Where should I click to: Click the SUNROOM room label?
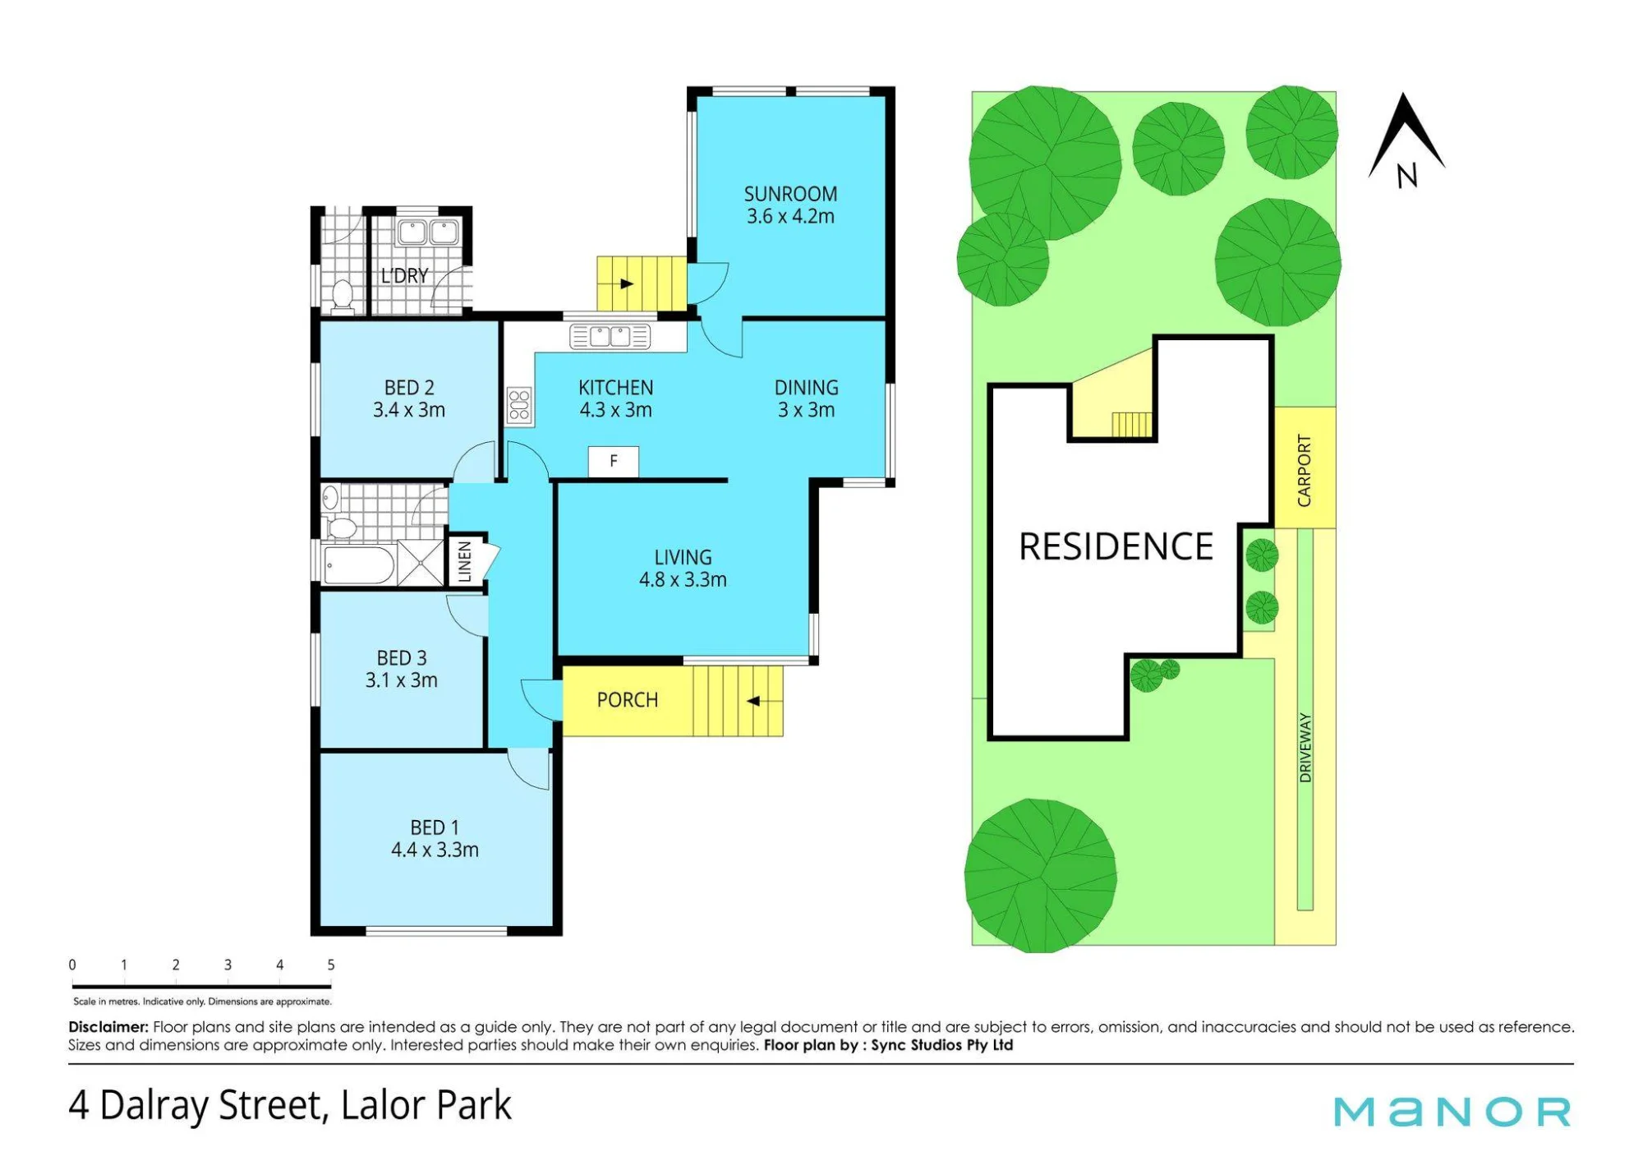click(x=790, y=194)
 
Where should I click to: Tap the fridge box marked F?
click(x=614, y=462)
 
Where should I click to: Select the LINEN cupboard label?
click(x=464, y=561)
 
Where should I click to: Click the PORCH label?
click(x=627, y=700)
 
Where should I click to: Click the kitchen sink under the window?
click(x=610, y=337)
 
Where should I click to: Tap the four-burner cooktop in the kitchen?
click(x=519, y=406)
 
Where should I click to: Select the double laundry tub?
click(x=428, y=233)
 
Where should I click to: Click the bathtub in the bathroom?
click(x=359, y=564)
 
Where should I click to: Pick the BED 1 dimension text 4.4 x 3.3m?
click(x=435, y=850)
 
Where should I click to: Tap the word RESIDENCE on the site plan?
click(x=1116, y=547)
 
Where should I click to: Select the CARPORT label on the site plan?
click(x=1305, y=470)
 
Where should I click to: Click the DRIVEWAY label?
click(x=1305, y=747)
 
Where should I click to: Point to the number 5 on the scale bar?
click(x=331, y=965)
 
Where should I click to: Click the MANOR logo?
click(x=1452, y=1112)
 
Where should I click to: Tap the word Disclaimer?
click(x=108, y=1027)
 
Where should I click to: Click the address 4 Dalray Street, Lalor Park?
click(x=290, y=1105)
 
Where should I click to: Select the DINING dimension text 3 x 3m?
click(x=806, y=410)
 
